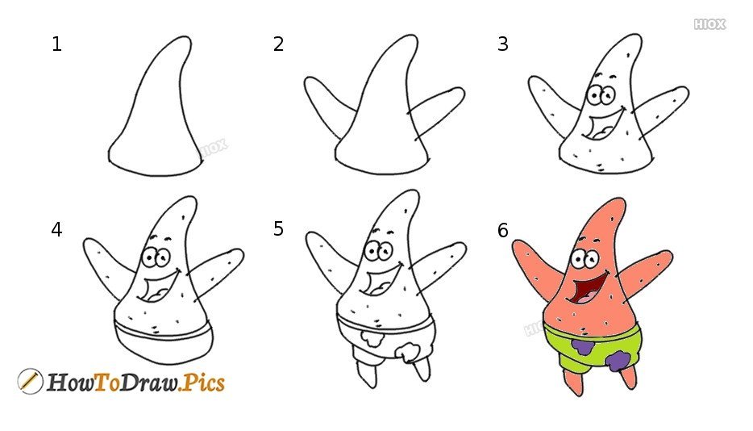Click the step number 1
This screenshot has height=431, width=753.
click(56, 44)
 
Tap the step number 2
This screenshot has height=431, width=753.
click(278, 44)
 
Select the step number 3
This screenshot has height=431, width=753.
click(502, 44)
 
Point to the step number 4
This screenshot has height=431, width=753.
click(56, 229)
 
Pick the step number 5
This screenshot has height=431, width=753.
click(278, 228)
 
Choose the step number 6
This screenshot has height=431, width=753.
click(502, 230)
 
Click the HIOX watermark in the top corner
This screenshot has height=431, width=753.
click(709, 24)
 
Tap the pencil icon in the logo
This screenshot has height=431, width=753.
click(30, 382)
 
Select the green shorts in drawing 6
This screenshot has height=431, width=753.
click(592, 347)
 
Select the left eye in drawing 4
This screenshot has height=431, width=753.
click(150, 257)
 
